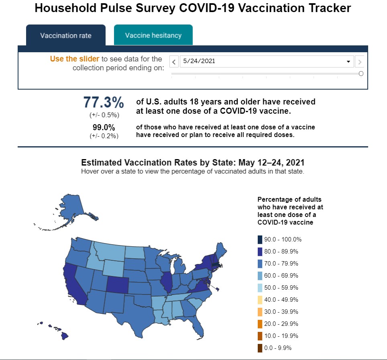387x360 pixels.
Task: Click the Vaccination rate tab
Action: (65, 35)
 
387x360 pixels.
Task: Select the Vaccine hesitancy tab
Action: (153, 35)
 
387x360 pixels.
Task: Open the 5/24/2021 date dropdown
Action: (267, 61)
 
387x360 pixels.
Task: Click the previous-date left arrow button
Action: (174, 62)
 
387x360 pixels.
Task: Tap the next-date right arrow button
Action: (360, 62)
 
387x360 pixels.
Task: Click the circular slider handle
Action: (361, 74)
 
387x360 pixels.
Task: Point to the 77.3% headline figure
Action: (104, 103)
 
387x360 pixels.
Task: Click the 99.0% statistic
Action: (104, 128)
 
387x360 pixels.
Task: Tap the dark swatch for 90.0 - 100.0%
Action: (260, 239)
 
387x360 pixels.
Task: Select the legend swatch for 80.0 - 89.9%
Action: (260, 252)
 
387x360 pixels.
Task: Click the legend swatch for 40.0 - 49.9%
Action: (260, 300)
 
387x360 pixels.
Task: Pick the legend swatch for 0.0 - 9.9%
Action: (260, 348)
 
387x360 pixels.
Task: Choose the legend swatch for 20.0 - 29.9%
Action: (260, 324)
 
